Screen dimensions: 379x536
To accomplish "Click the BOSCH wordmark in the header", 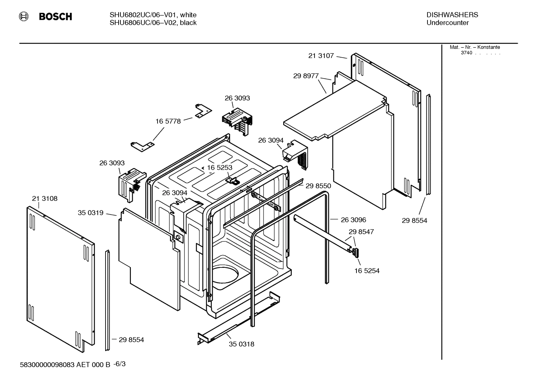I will tap(55, 17).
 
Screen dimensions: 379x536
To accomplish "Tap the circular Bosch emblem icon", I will tap(23, 16).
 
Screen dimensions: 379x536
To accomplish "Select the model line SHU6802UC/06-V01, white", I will tap(153, 15).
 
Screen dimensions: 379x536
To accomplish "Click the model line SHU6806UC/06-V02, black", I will tap(153, 23).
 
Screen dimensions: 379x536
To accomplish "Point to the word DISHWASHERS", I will tap(452, 15).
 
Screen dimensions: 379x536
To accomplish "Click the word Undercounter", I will tap(447, 23).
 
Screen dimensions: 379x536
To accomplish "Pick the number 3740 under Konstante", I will tap(466, 53).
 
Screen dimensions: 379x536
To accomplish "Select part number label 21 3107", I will tap(321, 56).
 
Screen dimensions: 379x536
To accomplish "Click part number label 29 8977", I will tap(306, 76).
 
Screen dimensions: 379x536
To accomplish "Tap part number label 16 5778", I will tap(168, 121).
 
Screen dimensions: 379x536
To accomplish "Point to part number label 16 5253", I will tap(219, 168).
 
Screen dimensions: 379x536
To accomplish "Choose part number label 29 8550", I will tap(318, 186).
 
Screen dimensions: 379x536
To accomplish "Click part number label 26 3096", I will tap(353, 220).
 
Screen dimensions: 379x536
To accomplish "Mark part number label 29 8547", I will tap(361, 232).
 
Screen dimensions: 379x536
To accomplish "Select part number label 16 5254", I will tap(367, 271).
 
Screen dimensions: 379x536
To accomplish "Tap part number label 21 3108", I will tap(45, 199).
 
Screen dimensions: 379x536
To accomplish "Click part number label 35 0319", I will tap(90, 213).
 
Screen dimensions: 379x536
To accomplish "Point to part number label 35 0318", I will tap(241, 344).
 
